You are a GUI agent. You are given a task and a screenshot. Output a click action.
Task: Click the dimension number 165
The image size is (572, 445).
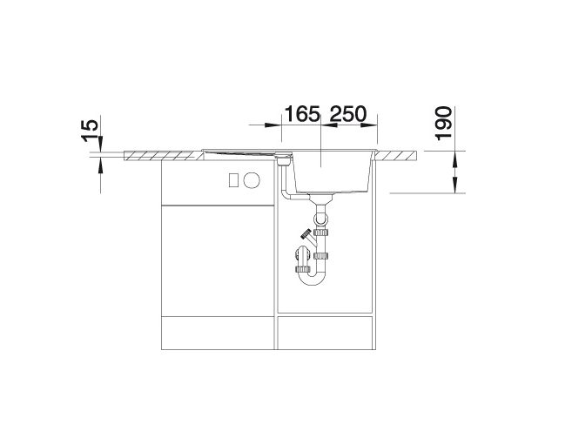302,114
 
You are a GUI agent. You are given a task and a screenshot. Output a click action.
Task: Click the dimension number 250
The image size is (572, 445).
347,114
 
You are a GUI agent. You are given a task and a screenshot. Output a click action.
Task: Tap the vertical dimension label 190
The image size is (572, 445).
444,124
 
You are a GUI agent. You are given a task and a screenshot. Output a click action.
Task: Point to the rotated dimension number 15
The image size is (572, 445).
90,131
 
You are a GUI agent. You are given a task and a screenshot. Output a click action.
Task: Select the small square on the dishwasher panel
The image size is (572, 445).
234,179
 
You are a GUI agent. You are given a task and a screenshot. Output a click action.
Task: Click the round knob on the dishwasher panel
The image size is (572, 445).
252,179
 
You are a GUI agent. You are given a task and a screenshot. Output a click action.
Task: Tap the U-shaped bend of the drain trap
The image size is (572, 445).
313,278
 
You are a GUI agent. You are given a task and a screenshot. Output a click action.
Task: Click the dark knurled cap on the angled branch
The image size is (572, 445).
305,233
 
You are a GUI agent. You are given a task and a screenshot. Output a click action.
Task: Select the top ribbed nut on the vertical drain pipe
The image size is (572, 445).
321,232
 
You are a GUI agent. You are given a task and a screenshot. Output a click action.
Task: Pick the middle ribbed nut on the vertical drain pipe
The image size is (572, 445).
321,256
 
